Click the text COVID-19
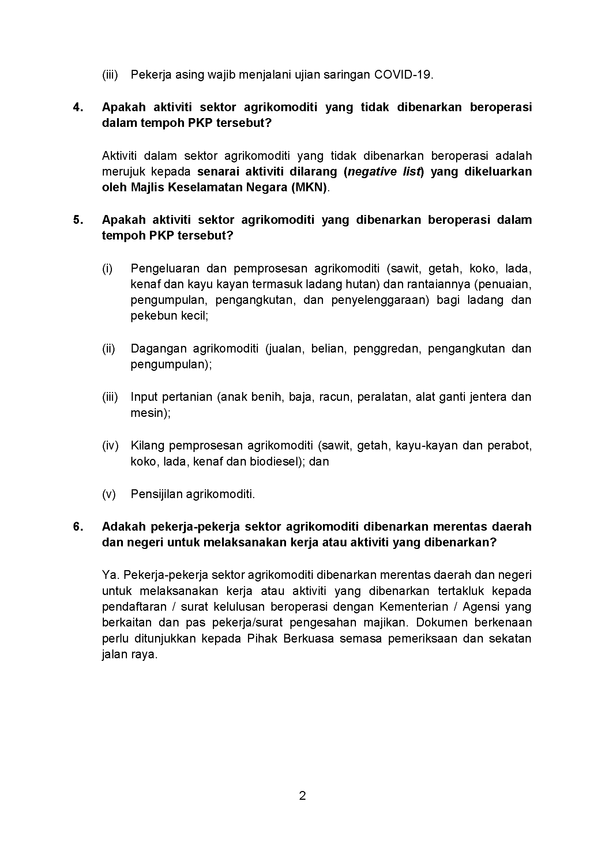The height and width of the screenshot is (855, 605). [x=403, y=75]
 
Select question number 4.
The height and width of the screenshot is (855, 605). [x=78, y=107]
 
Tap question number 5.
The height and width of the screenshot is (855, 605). [x=78, y=220]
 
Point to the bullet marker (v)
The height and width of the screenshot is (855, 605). [x=109, y=494]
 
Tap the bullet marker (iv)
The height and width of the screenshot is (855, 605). [x=110, y=445]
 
